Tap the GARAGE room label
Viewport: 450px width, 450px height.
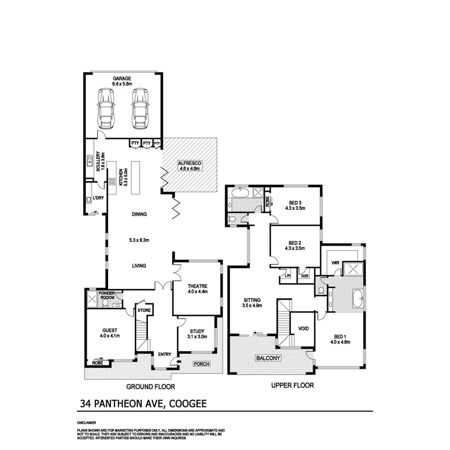pyautogui.click(x=122, y=78)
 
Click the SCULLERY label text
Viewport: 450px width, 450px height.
pyautogui.click(x=98, y=162)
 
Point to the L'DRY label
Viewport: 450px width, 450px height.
pyautogui.click(x=98, y=198)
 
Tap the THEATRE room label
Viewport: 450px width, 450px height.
pyautogui.click(x=198, y=286)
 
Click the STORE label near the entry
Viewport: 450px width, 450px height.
pyautogui.click(x=144, y=310)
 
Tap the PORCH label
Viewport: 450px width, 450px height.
pyautogui.click(x=201, y=364)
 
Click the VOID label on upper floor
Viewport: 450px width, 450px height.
pyautogui.click(x=303, y=328)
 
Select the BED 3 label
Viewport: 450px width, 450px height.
pyautogui.click(x=295, y=203)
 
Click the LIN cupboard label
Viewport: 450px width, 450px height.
pyautogui.click(x=288, y=276)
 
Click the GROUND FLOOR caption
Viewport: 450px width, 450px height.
pyautogui.click(x=150, y=387)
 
